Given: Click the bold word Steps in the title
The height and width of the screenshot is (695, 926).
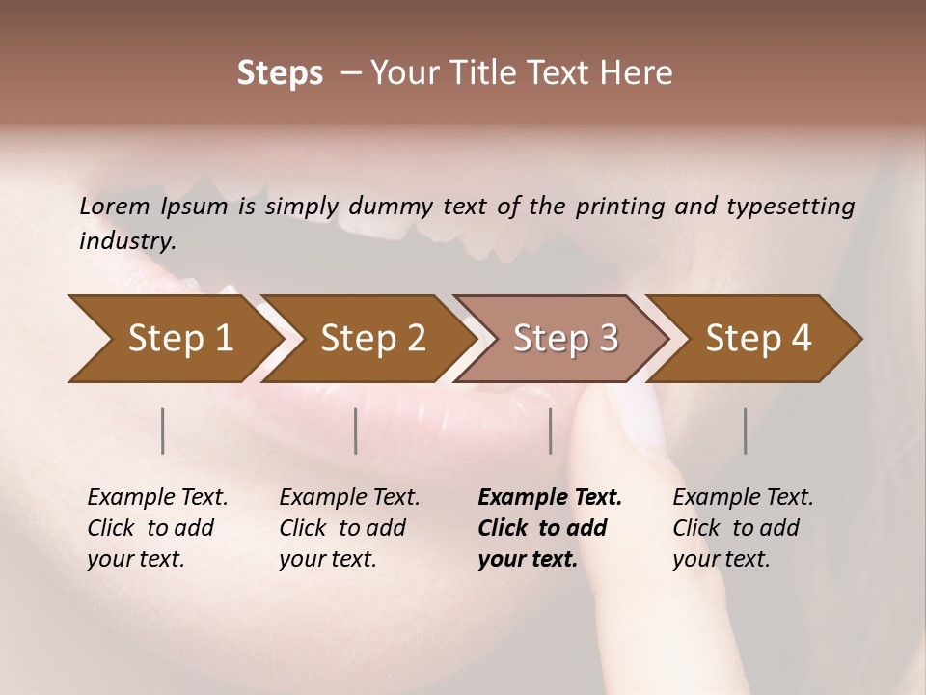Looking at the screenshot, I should click(280, 73).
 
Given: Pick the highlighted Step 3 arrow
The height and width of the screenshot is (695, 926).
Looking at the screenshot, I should click(565, 338).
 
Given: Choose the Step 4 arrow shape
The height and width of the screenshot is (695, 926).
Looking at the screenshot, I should click(758, 338).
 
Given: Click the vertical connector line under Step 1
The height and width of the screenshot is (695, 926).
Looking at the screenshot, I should click(163, 431).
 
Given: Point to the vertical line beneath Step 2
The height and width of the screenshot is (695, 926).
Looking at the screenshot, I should click(356, 431).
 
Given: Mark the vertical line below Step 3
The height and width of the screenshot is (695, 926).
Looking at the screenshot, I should click(550, 431).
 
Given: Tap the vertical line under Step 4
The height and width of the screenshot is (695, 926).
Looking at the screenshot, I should click(745, 431).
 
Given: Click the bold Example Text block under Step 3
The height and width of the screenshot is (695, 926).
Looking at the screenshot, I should click(549, 528).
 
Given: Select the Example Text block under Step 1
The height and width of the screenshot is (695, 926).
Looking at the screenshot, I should click(157, 528).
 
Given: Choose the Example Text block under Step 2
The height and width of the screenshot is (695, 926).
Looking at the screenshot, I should click(349, 528).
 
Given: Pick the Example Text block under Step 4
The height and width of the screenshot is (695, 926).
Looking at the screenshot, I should click(743, 528).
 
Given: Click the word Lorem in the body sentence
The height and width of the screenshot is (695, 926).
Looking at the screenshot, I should click(115, 206).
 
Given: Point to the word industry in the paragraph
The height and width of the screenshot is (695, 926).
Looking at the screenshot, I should click(126, 241).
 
